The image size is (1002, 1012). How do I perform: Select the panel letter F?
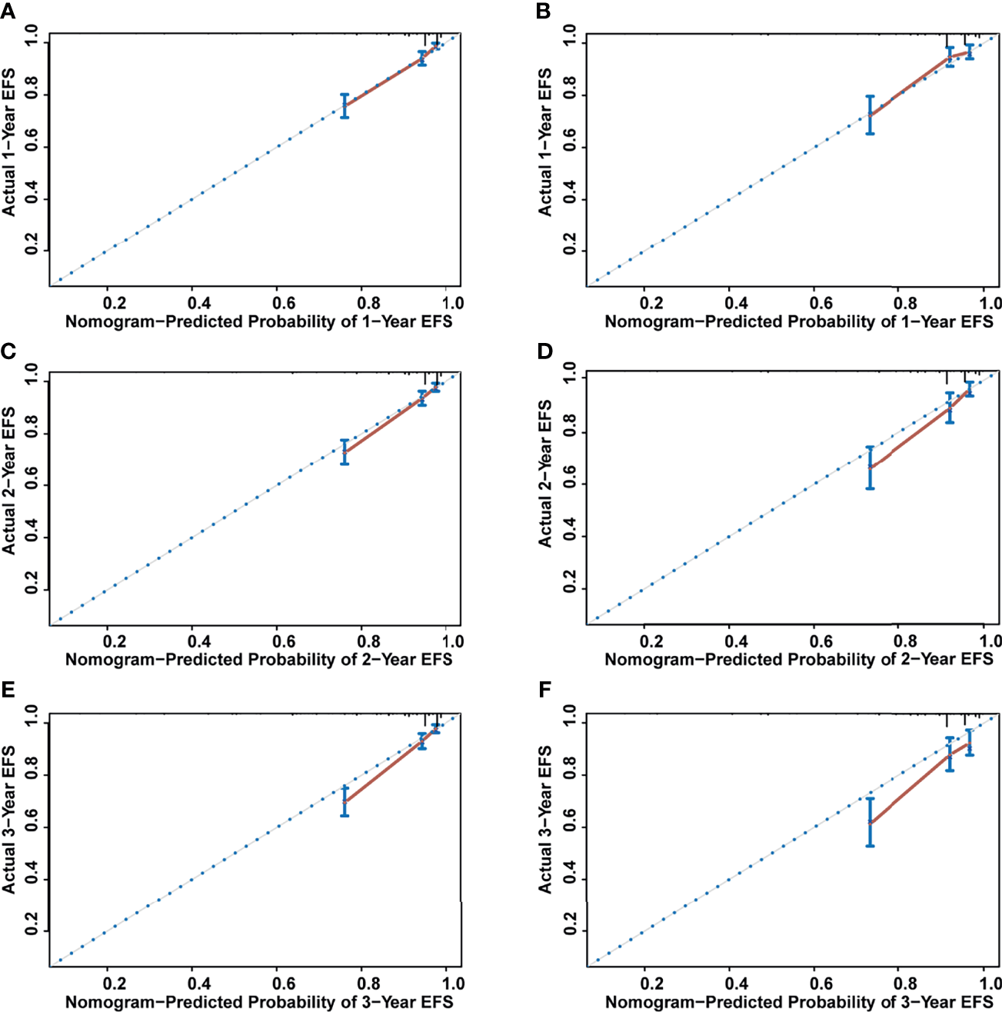pyautogui.click(x=544, y=689)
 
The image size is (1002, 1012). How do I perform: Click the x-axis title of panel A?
pyautogui.click(x=258, y=321)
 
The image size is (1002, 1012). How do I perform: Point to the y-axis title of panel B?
pyautogui.click(x=545, y=142)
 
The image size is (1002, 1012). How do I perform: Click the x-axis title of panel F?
pyautogui.click(x=799, y=1002)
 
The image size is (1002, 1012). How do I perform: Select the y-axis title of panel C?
pyautogui.click(x=8, y=481)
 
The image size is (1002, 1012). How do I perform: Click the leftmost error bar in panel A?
pyautogui.click(x=345, y=106)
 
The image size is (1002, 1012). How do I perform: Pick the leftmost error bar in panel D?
pyautogui.click(x=870, y=468)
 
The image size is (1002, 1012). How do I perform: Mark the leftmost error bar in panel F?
pyautogui.click(x=870, y=822)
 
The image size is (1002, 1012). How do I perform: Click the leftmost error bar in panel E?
pyautogui.click(x=345, y=801)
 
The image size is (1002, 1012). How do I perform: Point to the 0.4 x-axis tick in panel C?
pyautogui.click(x=200, y=641)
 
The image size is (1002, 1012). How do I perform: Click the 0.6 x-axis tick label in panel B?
pyautogui.click(x=821, y=303)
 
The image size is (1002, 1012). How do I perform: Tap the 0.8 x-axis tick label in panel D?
pyautogui.click(x=906, y=641)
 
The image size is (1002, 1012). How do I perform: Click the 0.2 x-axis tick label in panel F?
pyautogui.click(x=651, y=984)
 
